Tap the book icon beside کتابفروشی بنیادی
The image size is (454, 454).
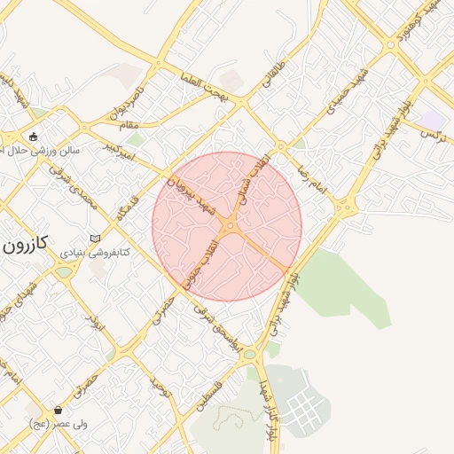tap(95, 239)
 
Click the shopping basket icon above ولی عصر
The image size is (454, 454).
tap(59, 410)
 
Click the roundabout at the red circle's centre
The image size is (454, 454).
tap(230, 226)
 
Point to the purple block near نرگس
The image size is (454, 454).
tap(433, 119)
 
